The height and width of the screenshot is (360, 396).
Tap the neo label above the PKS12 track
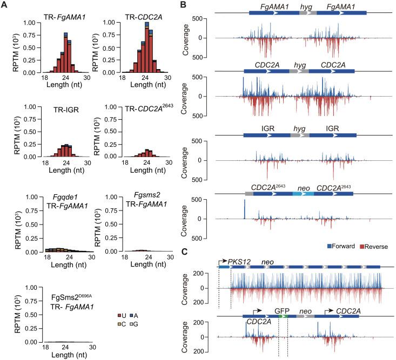click(x=267, y=261)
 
